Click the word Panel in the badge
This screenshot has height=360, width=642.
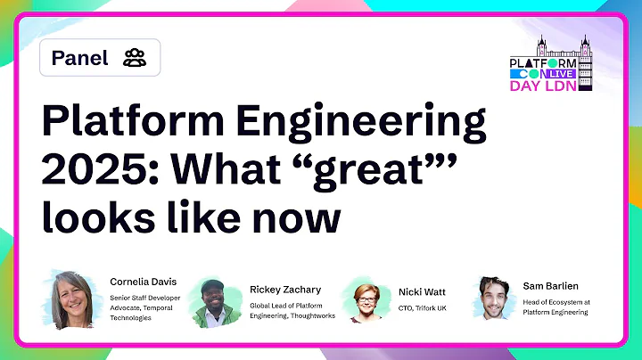[x=79, y=59]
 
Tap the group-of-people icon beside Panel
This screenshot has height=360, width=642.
[x=135, y=59]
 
